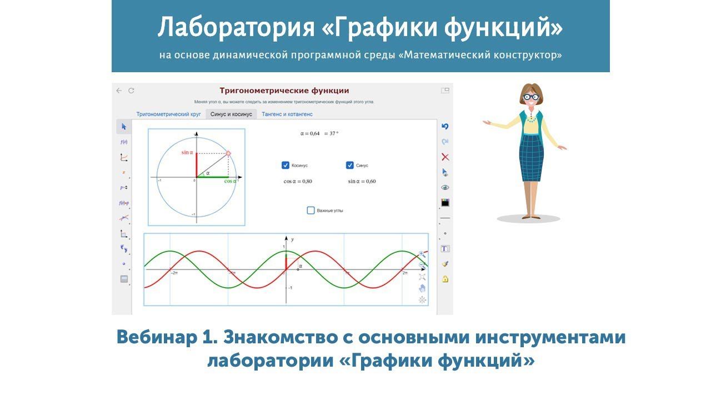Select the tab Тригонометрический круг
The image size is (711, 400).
168,114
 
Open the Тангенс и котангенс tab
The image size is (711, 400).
287,114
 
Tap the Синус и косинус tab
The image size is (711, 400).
231,114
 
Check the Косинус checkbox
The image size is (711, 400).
286,165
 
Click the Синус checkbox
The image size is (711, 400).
349,165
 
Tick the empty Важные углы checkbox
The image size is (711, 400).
311,210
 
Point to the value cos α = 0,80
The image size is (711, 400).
298,181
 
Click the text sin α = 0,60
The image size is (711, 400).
362,181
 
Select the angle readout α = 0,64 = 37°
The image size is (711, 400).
319,133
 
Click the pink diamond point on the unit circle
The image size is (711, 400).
228,153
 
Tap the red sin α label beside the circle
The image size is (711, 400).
187,152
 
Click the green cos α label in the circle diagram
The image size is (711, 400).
230,181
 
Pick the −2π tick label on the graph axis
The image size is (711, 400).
174,273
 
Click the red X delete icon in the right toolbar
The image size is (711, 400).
445,157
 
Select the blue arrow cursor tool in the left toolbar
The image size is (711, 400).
124,127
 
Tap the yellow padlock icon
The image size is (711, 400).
445,279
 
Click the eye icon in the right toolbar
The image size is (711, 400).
445,187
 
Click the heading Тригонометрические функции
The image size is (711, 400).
284,91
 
